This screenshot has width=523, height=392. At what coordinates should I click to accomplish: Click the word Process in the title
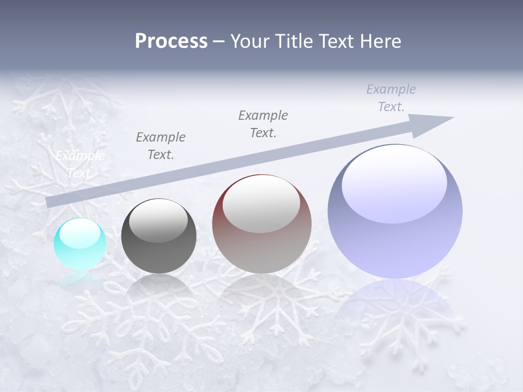click(171, 41)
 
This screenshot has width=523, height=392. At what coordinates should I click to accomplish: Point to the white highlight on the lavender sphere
click(394, 183)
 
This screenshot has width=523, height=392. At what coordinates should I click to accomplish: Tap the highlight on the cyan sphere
click(80, 234)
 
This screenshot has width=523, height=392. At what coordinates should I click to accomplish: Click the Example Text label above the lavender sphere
click(391, 98)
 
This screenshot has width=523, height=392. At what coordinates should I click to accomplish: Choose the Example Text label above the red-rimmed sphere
click(263, 124)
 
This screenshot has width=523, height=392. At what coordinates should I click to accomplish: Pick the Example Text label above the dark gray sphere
click(161, 146)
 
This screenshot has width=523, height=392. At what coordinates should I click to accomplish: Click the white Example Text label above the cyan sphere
click(80, 164)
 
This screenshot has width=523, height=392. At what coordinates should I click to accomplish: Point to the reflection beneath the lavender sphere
click(395, 305)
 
